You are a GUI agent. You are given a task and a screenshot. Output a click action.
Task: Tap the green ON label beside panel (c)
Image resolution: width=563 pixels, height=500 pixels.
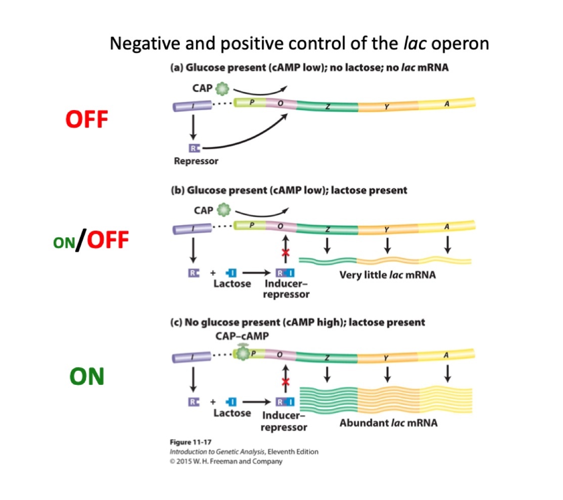[87, 377]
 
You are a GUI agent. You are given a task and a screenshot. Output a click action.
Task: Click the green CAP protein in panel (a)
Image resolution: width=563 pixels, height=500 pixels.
[221, 89]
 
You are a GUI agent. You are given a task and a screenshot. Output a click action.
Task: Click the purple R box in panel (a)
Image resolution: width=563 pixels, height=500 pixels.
[194, 148]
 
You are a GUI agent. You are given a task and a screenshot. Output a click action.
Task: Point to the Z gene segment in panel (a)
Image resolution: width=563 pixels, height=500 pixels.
[327, 106]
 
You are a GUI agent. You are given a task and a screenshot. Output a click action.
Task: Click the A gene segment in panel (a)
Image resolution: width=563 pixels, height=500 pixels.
[447, 104]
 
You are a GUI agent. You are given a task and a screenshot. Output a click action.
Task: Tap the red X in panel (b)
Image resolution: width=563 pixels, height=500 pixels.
[285, 252]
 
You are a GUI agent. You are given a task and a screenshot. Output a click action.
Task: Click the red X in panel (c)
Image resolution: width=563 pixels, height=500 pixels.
[285, 381]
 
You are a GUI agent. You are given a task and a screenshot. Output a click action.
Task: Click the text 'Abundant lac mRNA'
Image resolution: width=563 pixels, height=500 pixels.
[388, 423]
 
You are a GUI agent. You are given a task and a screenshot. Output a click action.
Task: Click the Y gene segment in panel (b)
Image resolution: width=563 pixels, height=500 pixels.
[387, 229]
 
